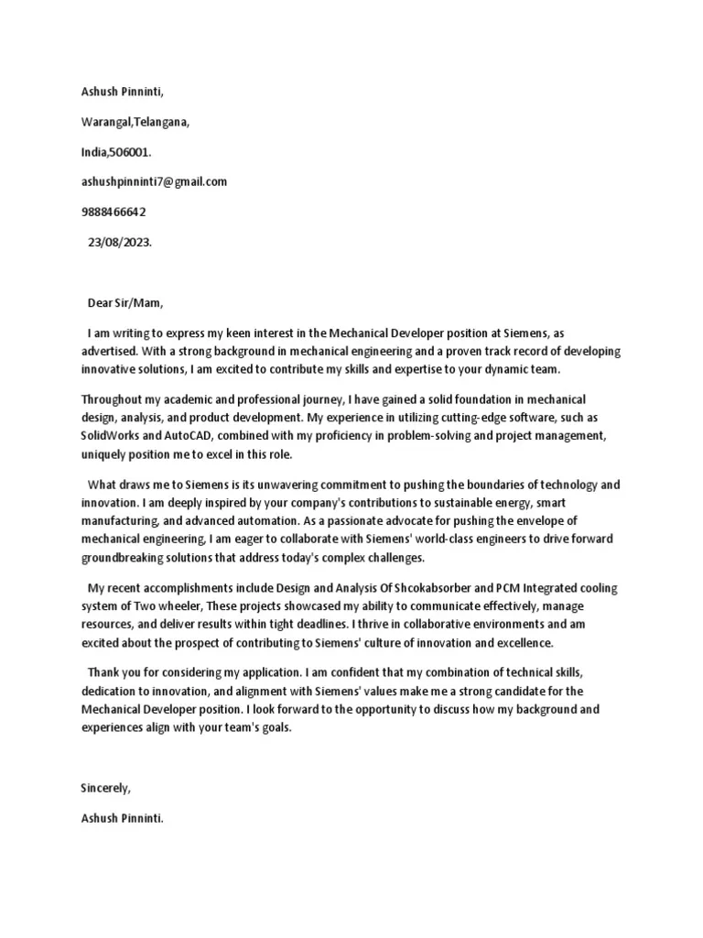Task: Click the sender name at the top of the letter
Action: click(x=122, y=93)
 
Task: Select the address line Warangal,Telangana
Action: click(x=135, y=122)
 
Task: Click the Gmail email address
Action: click(x=154, y=181)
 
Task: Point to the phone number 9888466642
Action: click(x=114, y=212)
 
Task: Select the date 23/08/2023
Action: click(x=121, y=242)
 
